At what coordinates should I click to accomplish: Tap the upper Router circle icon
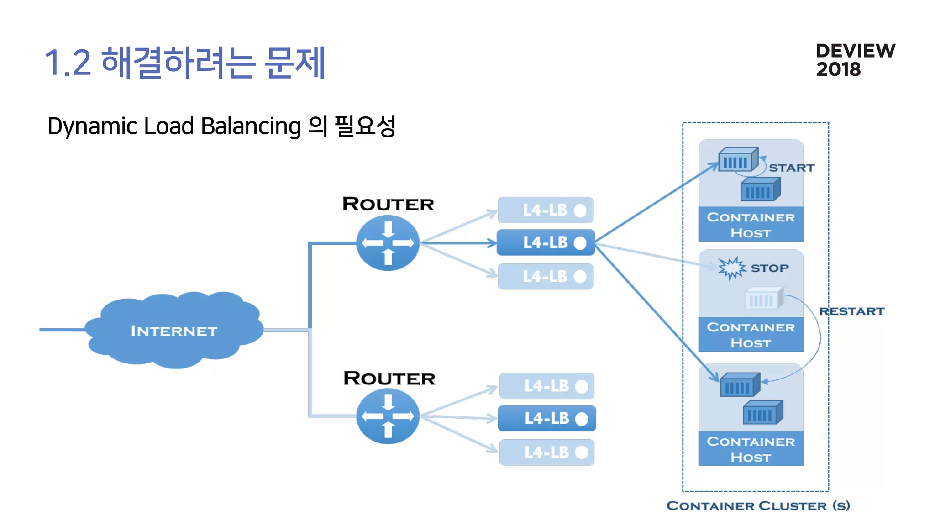pyautogui.click(x=388, y=243)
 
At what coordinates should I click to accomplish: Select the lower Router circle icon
pyautogui.click(x=388, y=416)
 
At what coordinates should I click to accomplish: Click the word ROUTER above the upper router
pyautogui.click(x=388, y=204)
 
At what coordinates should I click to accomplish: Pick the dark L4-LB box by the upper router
pyautogui.click(x=546, y=242)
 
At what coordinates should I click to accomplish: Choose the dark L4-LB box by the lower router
pyautogui.click(x=546, y=418)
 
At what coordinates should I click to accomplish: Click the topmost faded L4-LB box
pyautogui.click(x=546, y=210)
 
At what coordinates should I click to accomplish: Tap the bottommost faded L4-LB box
pyautogui.click(x=546, y=452)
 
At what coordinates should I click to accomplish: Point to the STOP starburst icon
pyautogui.click(x=731, y=268)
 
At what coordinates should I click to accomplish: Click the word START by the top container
pyautogui.click(x=792, y=168)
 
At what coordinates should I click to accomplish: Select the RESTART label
pyautogui.click(x=851, y=311)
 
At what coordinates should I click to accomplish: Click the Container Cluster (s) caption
pyautogui.click(x=758, y=505)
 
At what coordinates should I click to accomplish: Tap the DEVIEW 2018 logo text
pyautogui.click(x=855, y=60)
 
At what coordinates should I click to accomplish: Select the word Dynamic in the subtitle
pyautogui.click(x=92, y=126)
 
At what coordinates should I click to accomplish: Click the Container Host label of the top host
pyautogui.click(x=751, y=225)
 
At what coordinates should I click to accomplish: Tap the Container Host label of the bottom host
pyautogui.click(x=751, y=449)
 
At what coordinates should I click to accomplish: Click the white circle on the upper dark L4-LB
pyautogui.click(x=580, y=243)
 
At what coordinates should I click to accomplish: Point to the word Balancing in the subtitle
pyautogui.click(x=251, y=126)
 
